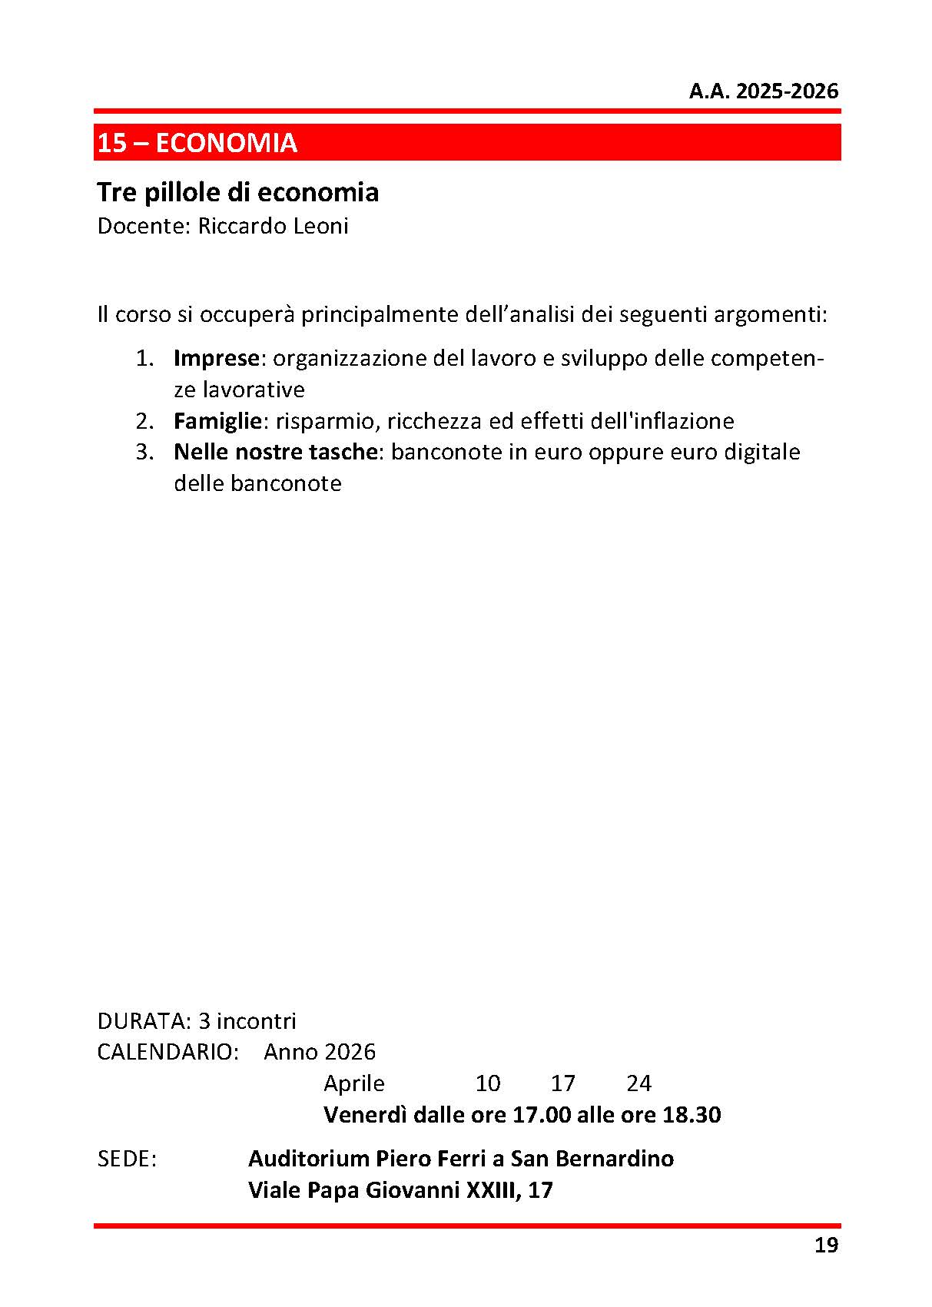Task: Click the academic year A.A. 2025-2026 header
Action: click(x=763, y=91)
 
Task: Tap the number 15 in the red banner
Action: click(x=112, y=143)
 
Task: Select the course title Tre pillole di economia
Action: click(x=238, y=192)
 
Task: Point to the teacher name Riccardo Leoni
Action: click(x=273, y=226)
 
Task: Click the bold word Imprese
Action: click(x=217, y=358)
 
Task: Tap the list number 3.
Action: click(x=144, y=452)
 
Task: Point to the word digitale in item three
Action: click(x=762, y=452)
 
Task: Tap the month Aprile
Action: click(x=354, y=1083)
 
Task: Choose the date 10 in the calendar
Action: click(x=488, y=1083)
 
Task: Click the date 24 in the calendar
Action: click(x=639, y=1083)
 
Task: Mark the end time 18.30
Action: click(x=692, y=1115)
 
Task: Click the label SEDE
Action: click(x=127, y=1159)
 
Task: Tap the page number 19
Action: click(x=826, y=1246)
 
